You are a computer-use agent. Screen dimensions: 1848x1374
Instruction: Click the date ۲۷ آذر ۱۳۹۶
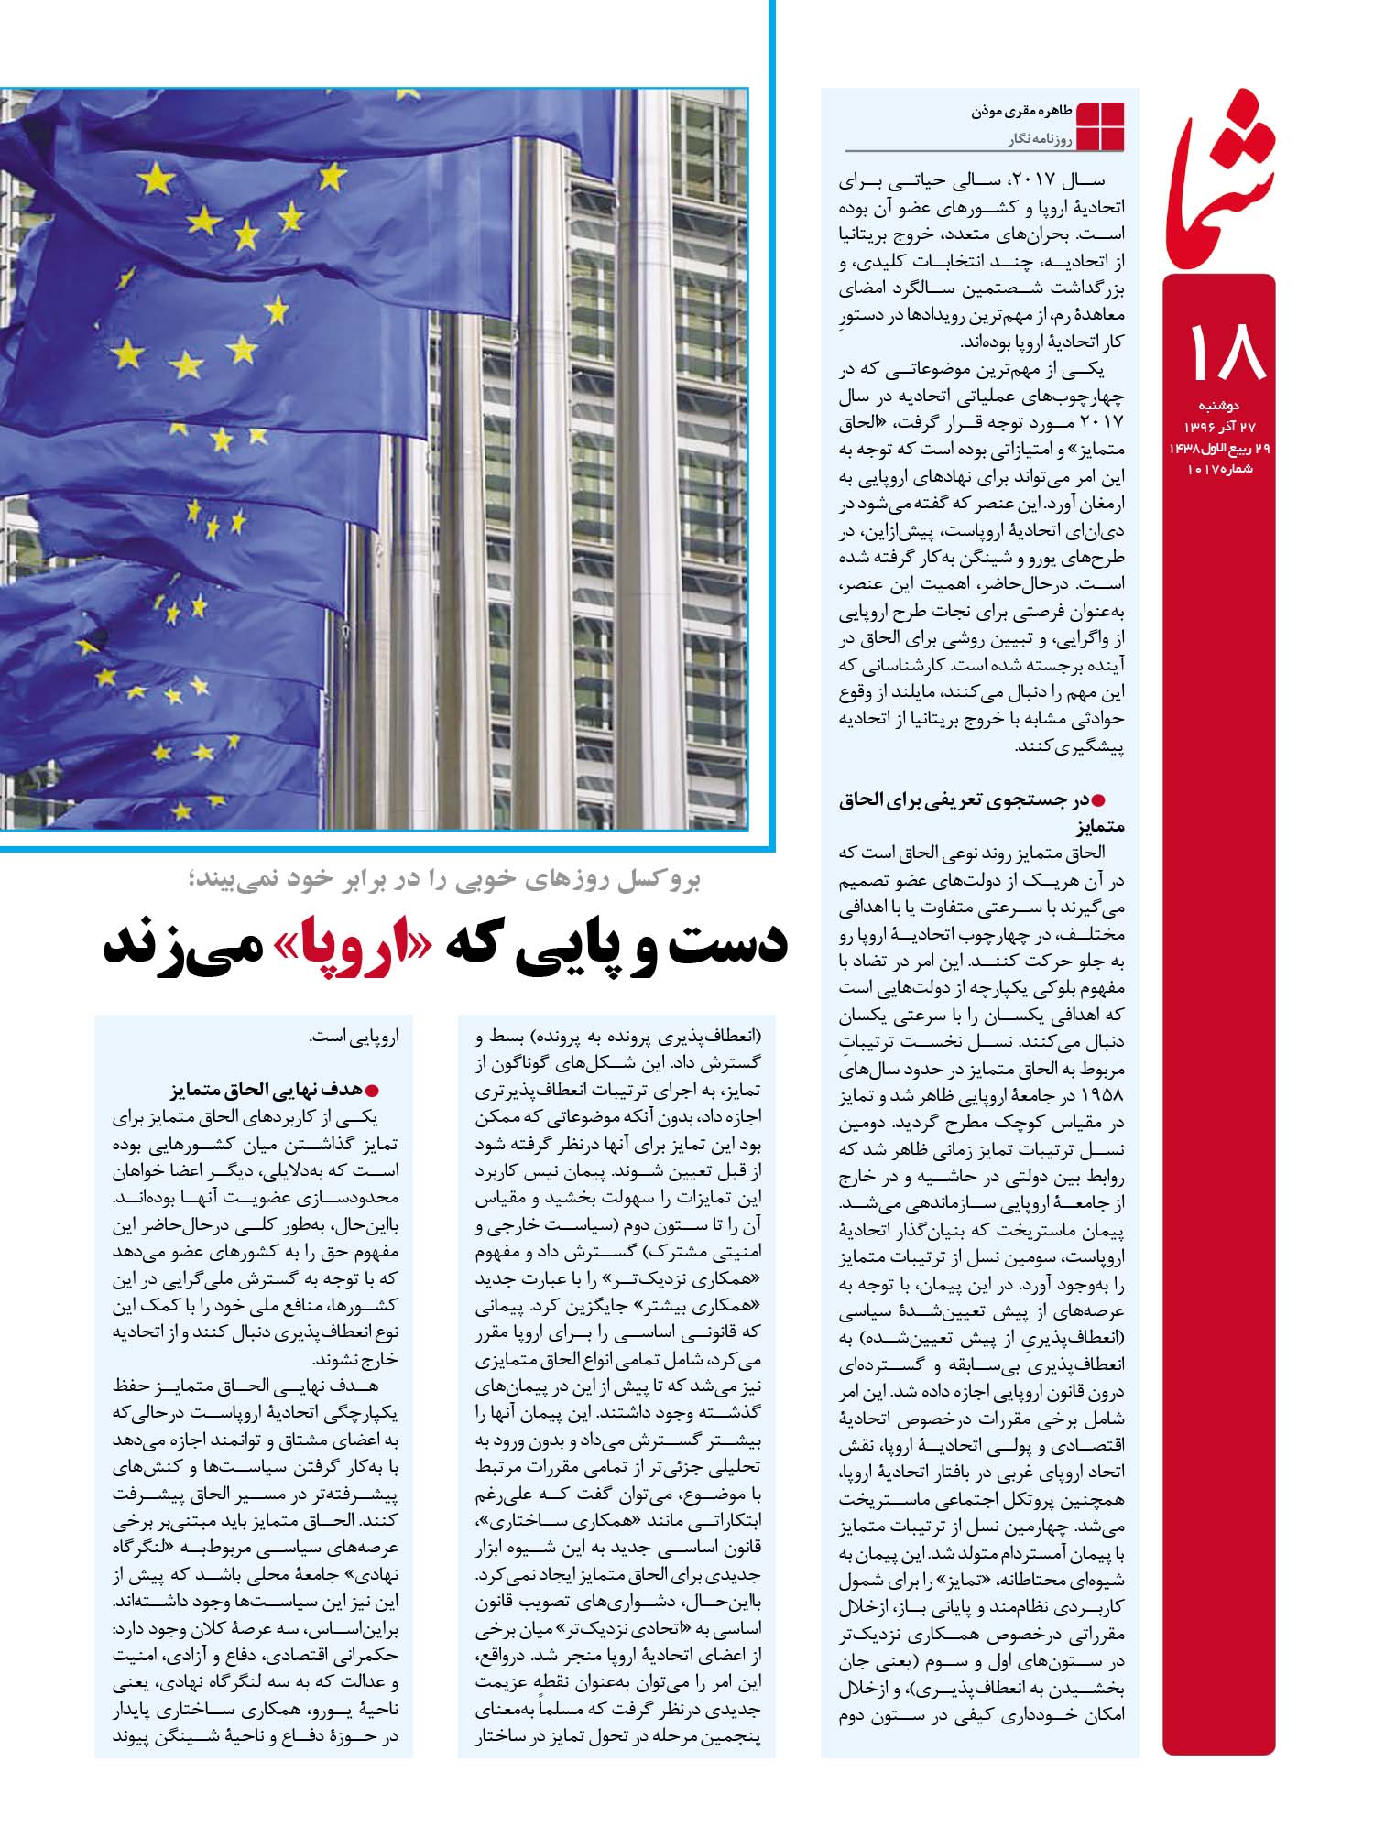click(x=1218, y=427)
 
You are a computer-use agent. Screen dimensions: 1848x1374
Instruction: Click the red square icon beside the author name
click(x=1099, y=125)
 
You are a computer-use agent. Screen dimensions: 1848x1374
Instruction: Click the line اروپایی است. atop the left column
click(x=363, y=1038)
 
